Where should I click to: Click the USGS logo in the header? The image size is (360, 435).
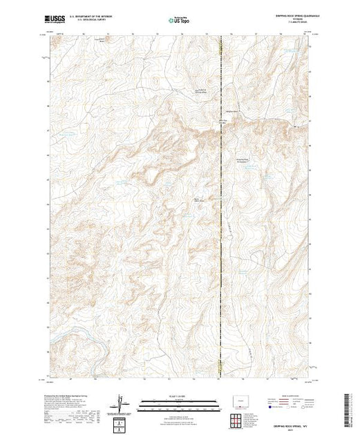pyautogui.click(x=53, y=20)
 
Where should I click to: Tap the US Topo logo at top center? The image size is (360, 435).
pyautogui.click(x=180, y=20)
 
